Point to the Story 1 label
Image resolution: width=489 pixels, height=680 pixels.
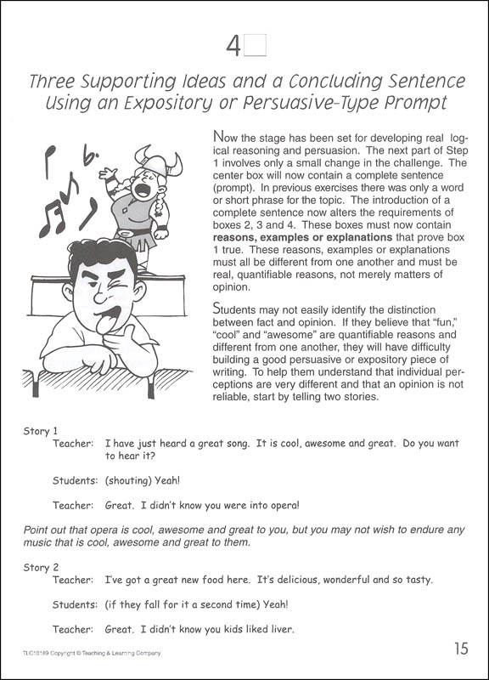pos(40,431)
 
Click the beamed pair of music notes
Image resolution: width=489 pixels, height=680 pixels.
pos(52,215)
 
